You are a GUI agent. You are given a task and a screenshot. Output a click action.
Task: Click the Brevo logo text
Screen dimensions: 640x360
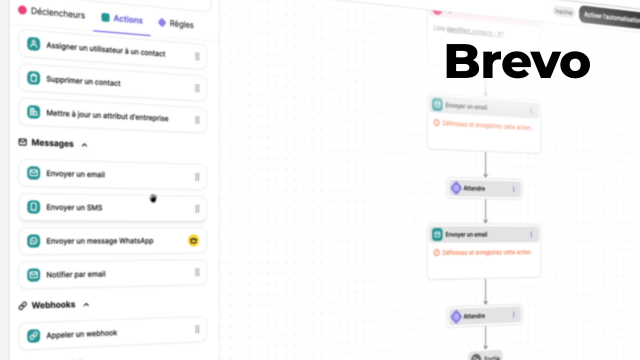tap(517, 62)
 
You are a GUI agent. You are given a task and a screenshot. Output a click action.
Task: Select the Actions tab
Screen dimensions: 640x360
tap(123, 20)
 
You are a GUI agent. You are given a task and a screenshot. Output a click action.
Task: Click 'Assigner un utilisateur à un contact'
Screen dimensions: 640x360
tap(104, 50)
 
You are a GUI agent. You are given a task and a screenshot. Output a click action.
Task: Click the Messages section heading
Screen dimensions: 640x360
tap(52, 144)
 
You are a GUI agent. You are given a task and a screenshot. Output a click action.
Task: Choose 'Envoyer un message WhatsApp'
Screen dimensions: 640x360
tap(99, 241)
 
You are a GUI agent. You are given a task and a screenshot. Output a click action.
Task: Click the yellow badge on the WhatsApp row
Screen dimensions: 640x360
tap(193, 240)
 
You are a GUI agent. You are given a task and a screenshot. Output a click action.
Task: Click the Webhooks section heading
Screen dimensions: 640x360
tap(54, 304)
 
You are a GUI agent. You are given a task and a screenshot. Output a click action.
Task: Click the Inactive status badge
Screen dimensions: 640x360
tap(563, 12)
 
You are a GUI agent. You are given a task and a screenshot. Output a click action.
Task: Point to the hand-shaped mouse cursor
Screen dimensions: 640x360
tap(153, 198)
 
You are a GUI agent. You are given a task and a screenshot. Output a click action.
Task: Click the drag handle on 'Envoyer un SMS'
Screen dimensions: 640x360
tap(197, 208)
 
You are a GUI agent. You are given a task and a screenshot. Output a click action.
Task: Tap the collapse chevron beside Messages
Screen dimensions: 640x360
tap(84, 144)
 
